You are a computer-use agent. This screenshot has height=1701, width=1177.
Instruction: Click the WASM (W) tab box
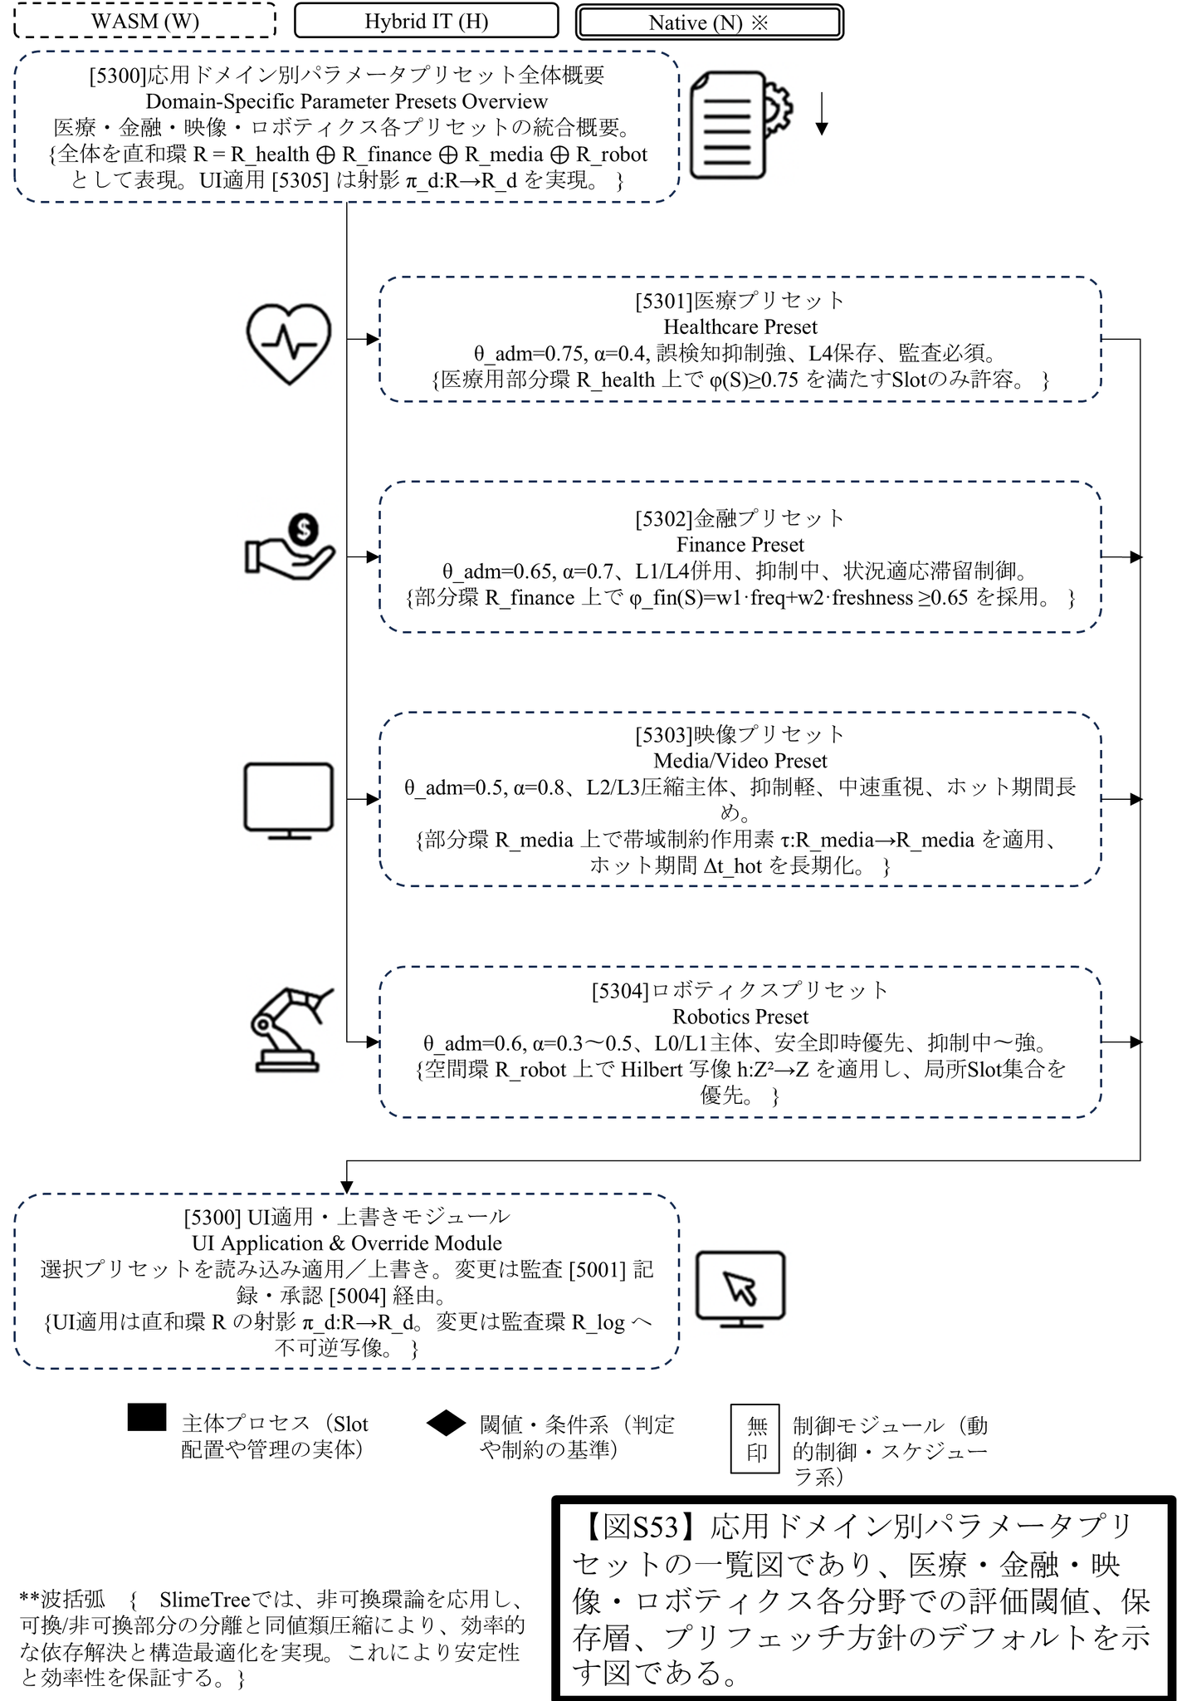pyautogui.click(x=145, y=21)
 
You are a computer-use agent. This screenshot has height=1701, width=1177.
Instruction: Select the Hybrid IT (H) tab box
pyautogui.click(x=426, y=21)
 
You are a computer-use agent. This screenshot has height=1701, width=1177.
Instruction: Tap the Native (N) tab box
pyautogui.click(x=709, y=22)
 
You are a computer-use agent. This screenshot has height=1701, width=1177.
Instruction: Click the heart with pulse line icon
pyautogui.click(x=289, y=342)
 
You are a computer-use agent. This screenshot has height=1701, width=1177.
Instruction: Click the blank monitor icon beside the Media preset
pyautogui.click(x=289, y=800)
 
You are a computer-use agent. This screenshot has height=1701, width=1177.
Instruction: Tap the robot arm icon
pyautogui.click(x=290, y=1030)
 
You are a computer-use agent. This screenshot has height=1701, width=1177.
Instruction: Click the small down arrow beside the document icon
pyautogui.click(x=821, y=115)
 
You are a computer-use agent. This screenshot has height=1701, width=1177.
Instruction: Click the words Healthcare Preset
pyautogui.click(x=740, y=326)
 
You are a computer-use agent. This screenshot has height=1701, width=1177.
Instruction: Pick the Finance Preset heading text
pyautogui.click(x=740, y=545)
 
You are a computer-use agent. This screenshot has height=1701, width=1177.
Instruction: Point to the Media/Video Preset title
pyautogui.click(x=740, y=761)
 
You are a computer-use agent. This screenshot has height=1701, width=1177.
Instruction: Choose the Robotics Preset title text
pyautogui.click(x=740, y=1017)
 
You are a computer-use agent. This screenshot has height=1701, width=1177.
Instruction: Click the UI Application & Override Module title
pyautogui.click(x=347, y=1243)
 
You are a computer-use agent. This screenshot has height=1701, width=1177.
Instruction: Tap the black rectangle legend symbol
pyautogui.click(x=147, y=1418)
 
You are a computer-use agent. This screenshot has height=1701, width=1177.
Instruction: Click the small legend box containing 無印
pyautogui.click(x=755, y=1439)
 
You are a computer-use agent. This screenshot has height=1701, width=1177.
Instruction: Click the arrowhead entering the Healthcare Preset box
pyautogui.click(x=373, y=339)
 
